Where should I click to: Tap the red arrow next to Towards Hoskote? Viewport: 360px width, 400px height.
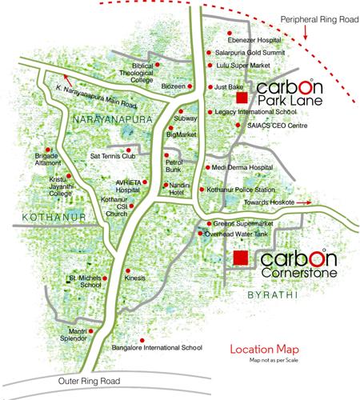click(x=337, y=202)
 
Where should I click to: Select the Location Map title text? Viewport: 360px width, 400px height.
click(x=264, y=350)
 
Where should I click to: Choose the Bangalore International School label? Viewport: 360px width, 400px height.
click(x=159, y=349)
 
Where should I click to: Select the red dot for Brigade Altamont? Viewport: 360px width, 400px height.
click(x=48, y=149)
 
